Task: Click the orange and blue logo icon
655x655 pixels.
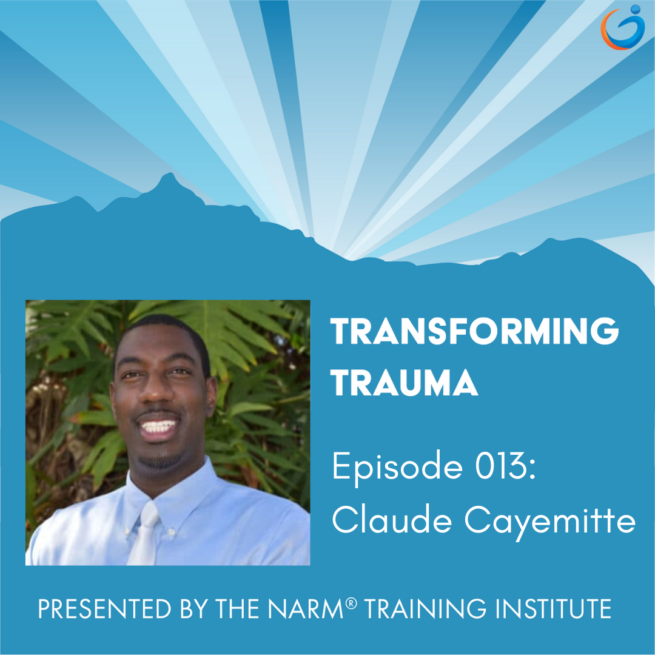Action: (622, 27)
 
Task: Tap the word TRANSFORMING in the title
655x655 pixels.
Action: (474, 331)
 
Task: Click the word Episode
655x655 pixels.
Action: (397, 468)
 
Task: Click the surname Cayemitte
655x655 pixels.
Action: (550, 522)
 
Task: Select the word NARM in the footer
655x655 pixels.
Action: (305, 608)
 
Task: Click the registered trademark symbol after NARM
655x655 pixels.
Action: (351, 603)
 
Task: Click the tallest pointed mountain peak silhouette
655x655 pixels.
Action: (169, 175)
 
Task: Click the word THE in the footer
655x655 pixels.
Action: (237, 608)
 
